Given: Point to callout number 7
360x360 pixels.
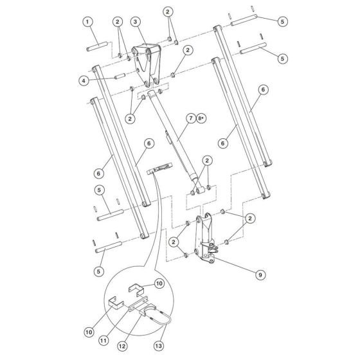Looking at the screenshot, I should click(191, 118).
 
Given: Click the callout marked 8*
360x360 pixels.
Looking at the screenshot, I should click(201, 118).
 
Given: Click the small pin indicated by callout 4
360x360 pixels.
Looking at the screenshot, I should click(120, 76).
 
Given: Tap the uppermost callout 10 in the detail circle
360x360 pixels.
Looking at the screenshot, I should click(159, 283).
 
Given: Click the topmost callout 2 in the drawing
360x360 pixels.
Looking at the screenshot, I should click(168, 12).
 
